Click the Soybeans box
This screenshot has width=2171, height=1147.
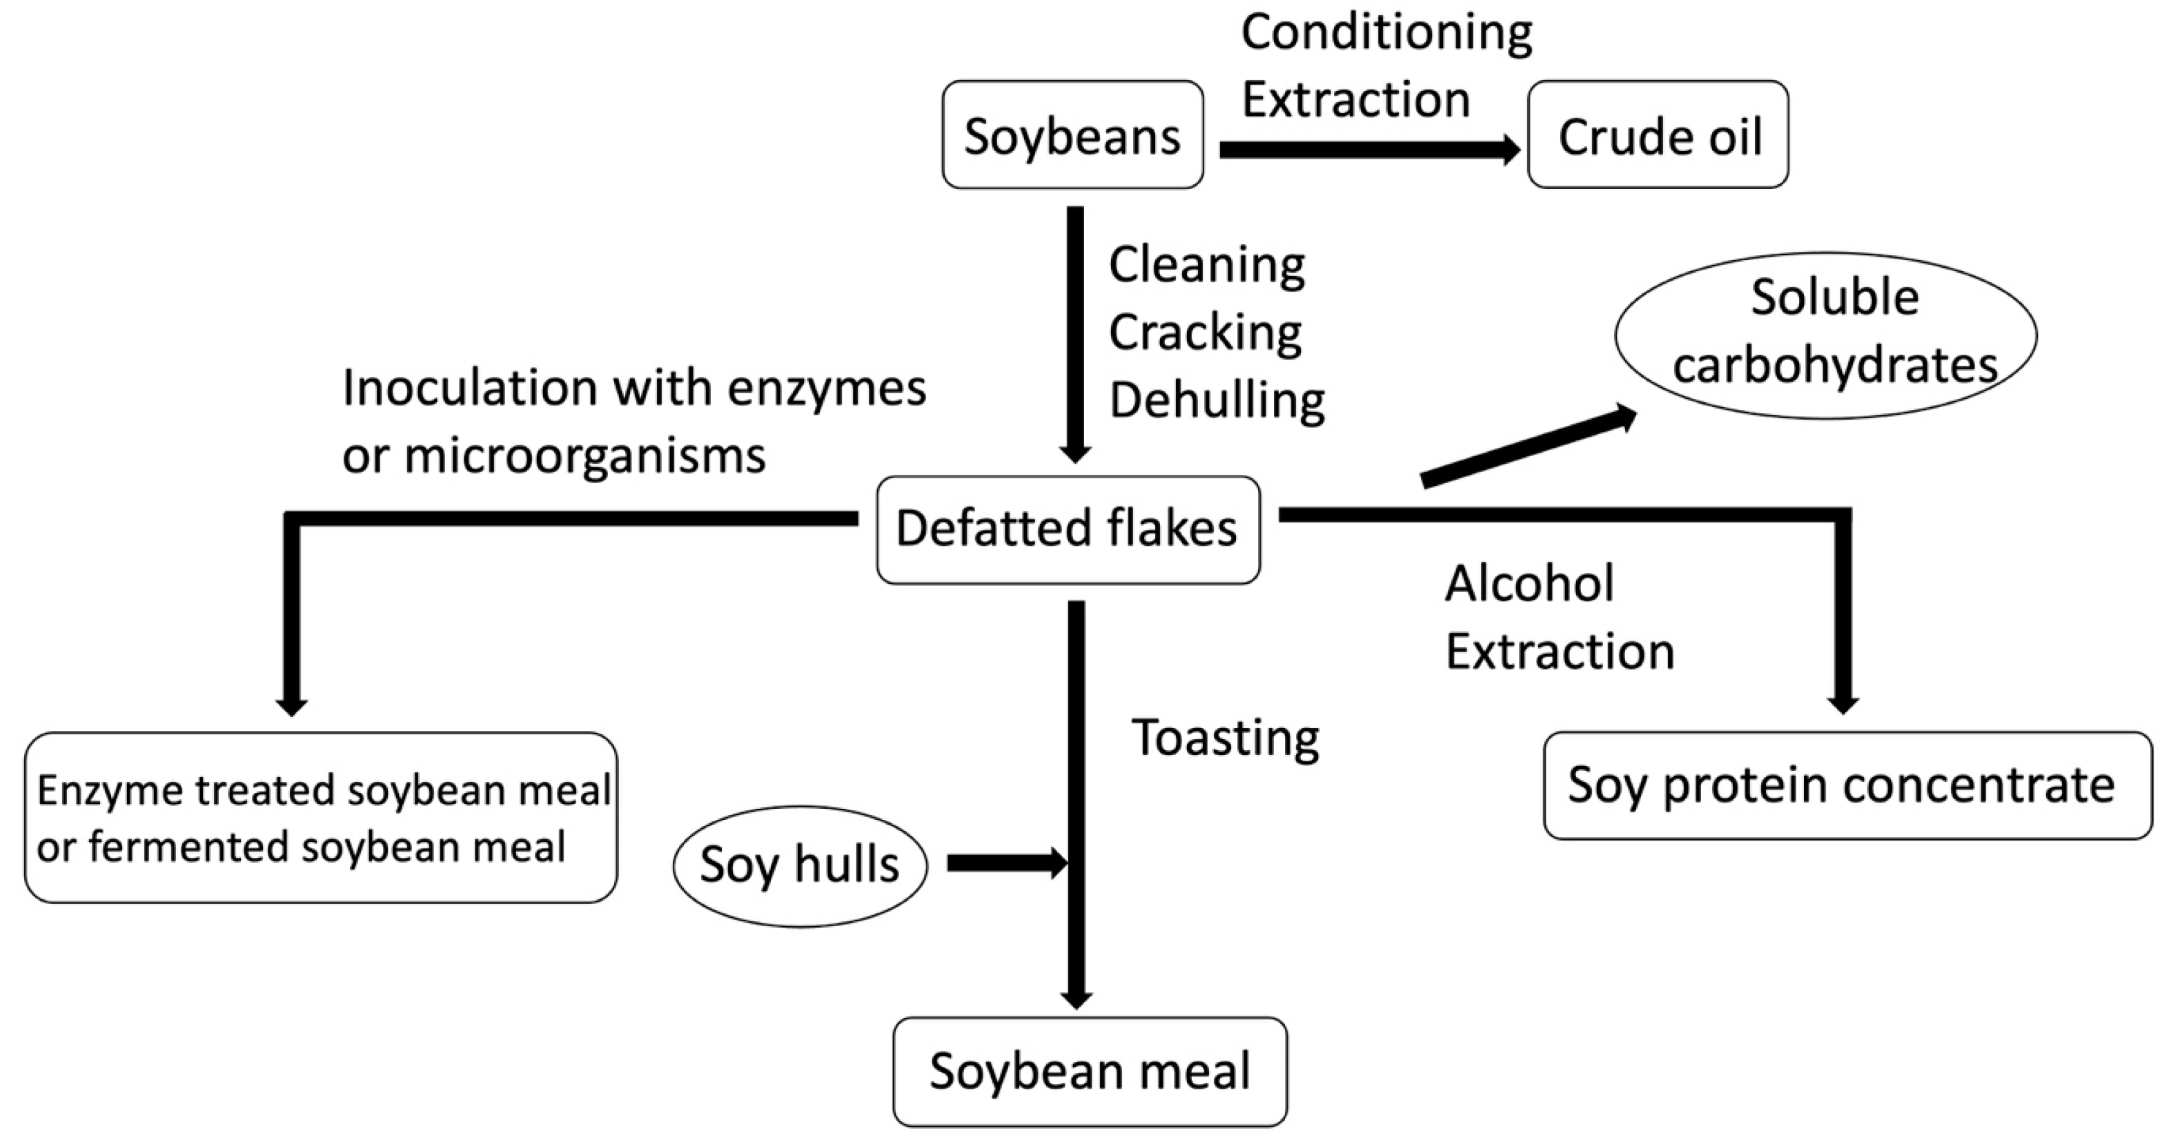pos(1072,135)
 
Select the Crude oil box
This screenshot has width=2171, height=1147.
pos(1658,135)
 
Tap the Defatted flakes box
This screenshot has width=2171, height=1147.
pos(1068,529)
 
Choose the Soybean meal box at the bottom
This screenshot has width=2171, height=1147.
pos(1090,1071)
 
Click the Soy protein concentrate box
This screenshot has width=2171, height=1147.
pos(1847,785)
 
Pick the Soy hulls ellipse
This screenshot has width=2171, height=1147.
pos(800,865)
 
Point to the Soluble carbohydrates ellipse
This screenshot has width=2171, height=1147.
pos(1825,335)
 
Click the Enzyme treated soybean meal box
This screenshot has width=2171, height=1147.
pos(321,818)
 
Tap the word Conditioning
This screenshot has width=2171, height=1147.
pos(1386,34)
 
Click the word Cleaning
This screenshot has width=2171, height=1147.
pos(1207,266)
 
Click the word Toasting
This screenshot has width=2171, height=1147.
pos(1226,739)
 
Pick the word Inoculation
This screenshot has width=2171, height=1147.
pos(470,389)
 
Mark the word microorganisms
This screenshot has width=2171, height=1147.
pos(585,457)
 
